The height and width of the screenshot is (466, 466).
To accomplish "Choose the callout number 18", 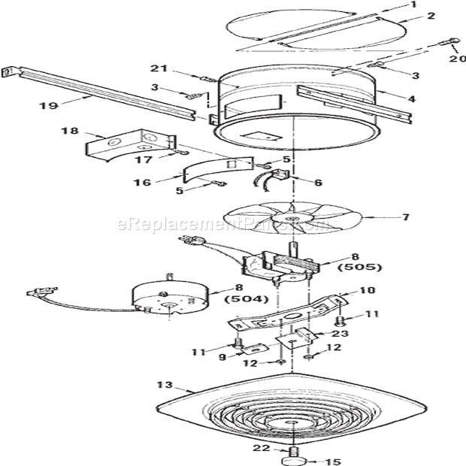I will coord(68,131).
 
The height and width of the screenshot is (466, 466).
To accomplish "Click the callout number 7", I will coord(406,218).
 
